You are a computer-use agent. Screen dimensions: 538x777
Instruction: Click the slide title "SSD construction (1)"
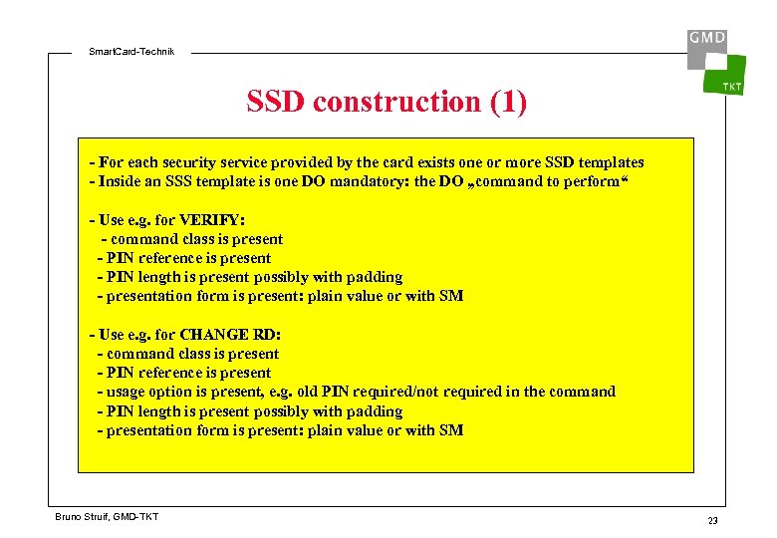[387, 102]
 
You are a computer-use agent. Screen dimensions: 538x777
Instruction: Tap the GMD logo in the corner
[706, 39]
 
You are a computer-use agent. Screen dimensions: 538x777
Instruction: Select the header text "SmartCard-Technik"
[130, 51]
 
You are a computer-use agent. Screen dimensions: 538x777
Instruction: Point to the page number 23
[712, 521]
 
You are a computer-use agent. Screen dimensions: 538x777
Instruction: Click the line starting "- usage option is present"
[356, 392]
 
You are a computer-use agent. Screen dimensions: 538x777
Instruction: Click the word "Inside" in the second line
[122, 181]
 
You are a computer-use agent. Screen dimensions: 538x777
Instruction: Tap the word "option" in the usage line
[173, 392]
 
